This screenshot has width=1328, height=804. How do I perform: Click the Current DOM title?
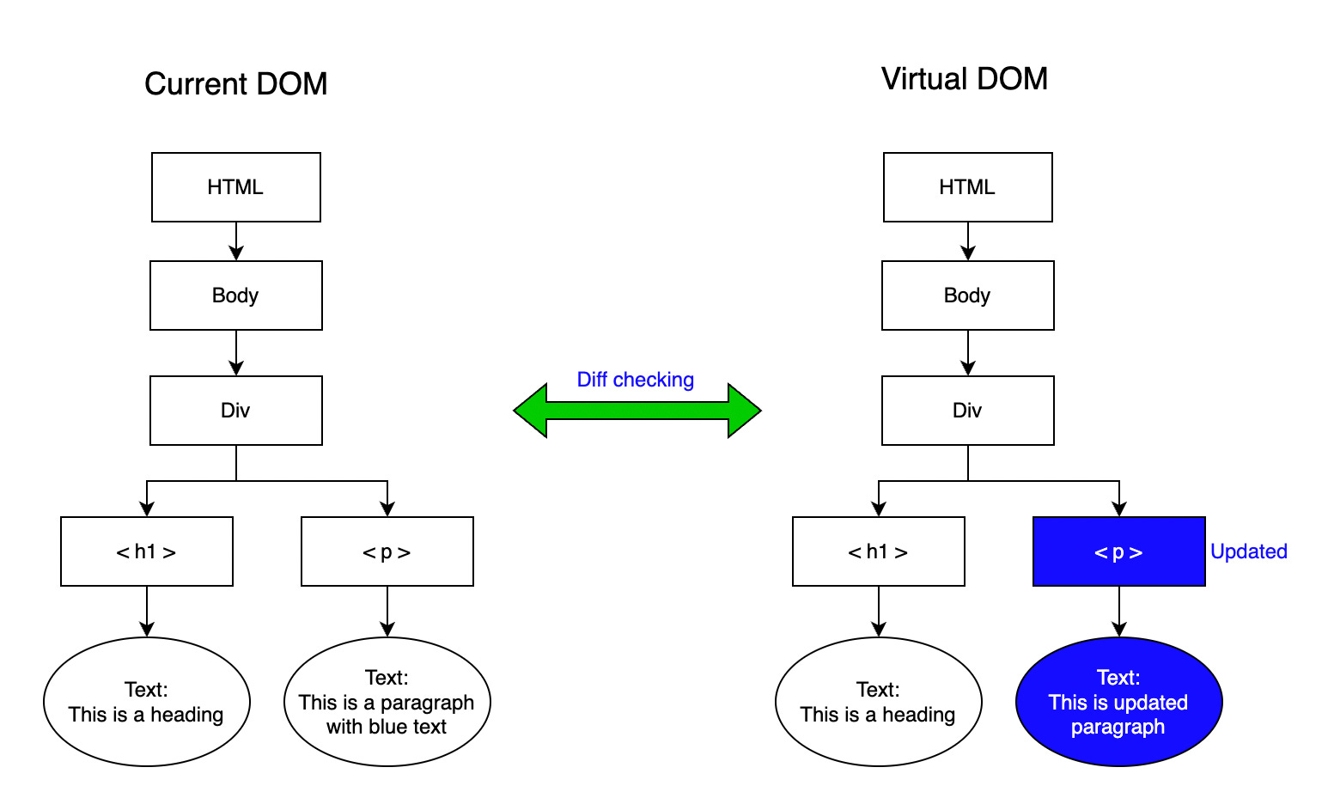coord(236,84)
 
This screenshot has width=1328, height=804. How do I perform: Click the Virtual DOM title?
coord(964,79)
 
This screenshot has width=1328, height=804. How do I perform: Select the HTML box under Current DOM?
coord(236,187)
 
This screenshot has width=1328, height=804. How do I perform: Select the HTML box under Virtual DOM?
coord(967,187)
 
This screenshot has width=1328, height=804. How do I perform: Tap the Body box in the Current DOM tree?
coord(236,295)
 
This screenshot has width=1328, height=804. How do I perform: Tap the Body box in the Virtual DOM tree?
coord(967,295)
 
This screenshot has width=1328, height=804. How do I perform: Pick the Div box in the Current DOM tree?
coord(236,411)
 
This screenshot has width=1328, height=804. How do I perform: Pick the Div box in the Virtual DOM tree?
coord(967,411)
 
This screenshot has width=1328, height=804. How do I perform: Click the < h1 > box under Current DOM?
coord(147,551)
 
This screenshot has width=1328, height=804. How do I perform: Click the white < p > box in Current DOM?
coord(387,551)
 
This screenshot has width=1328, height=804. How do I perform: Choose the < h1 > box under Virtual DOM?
coord(878,551)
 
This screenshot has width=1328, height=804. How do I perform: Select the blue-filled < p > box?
coord(1118,551)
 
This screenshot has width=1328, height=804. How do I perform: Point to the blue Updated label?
coord(1248,551)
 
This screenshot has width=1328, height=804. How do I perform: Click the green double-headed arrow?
coord(637,411)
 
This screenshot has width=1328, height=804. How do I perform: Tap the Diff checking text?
coord(635,380)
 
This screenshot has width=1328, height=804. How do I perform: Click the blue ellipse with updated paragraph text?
coord(1118,702)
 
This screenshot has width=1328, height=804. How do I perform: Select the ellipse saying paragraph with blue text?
coord(387,702)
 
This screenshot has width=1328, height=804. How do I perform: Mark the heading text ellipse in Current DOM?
coord(147,702)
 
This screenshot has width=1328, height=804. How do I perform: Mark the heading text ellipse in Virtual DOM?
coord(878,702)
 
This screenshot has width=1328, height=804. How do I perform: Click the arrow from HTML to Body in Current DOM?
coord(236,241)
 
